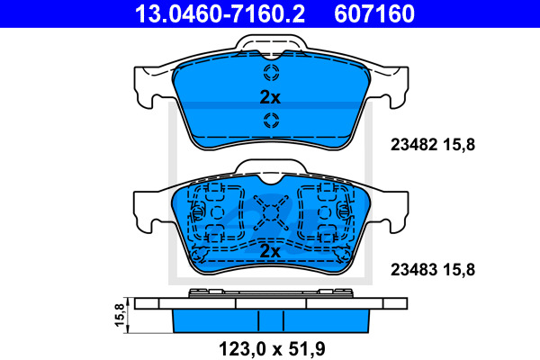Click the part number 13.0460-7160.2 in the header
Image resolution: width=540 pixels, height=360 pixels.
point(220,13)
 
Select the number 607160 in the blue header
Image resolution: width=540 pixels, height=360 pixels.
point(374,13)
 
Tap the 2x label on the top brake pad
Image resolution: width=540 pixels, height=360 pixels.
point(270,97)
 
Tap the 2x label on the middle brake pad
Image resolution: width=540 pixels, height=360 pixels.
point(270,251)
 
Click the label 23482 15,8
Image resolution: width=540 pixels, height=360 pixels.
point(433,145)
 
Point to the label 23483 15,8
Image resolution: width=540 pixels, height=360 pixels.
point(433,269)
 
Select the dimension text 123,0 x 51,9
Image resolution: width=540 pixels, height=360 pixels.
point(272,349)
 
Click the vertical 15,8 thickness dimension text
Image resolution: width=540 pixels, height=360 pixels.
point(119,315)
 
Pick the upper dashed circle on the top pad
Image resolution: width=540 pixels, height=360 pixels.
point(272,73)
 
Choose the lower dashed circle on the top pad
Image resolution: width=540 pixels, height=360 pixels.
point(272,121)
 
